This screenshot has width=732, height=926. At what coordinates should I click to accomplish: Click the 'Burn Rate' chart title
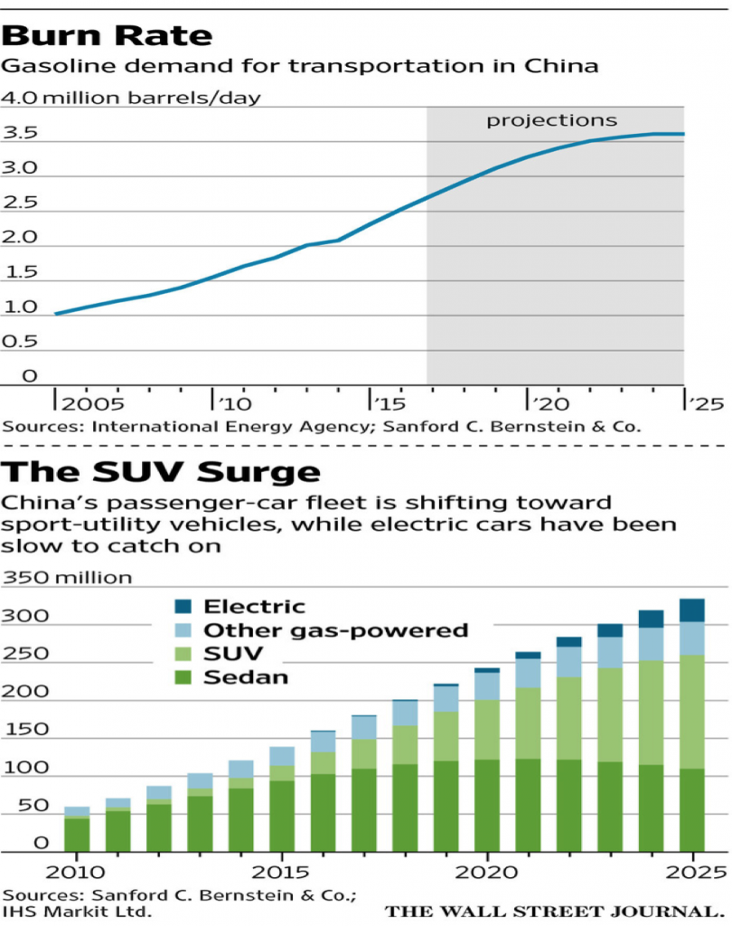tap(108, 35)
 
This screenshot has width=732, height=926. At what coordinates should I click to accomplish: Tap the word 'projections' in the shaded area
tap(552, 120)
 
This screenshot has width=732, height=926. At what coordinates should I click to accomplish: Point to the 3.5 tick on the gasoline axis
tap(19, 134)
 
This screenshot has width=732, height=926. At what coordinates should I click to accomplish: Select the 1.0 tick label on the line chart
tap(19, 307)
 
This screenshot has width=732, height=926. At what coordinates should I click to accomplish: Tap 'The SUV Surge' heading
tap(161, 472)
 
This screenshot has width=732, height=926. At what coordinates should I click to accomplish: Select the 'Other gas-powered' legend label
tap(335, 630)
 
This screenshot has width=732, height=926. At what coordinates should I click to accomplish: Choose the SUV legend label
tap(231, 654)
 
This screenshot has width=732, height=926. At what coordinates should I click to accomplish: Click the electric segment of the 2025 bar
tap(691, 609)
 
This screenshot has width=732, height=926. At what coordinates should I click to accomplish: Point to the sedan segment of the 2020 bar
tap(487, 805)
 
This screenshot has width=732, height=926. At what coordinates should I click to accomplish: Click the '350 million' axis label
tap(68, 578)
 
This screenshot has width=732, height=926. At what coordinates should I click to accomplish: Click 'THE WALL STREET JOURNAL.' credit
tap(555, 911)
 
